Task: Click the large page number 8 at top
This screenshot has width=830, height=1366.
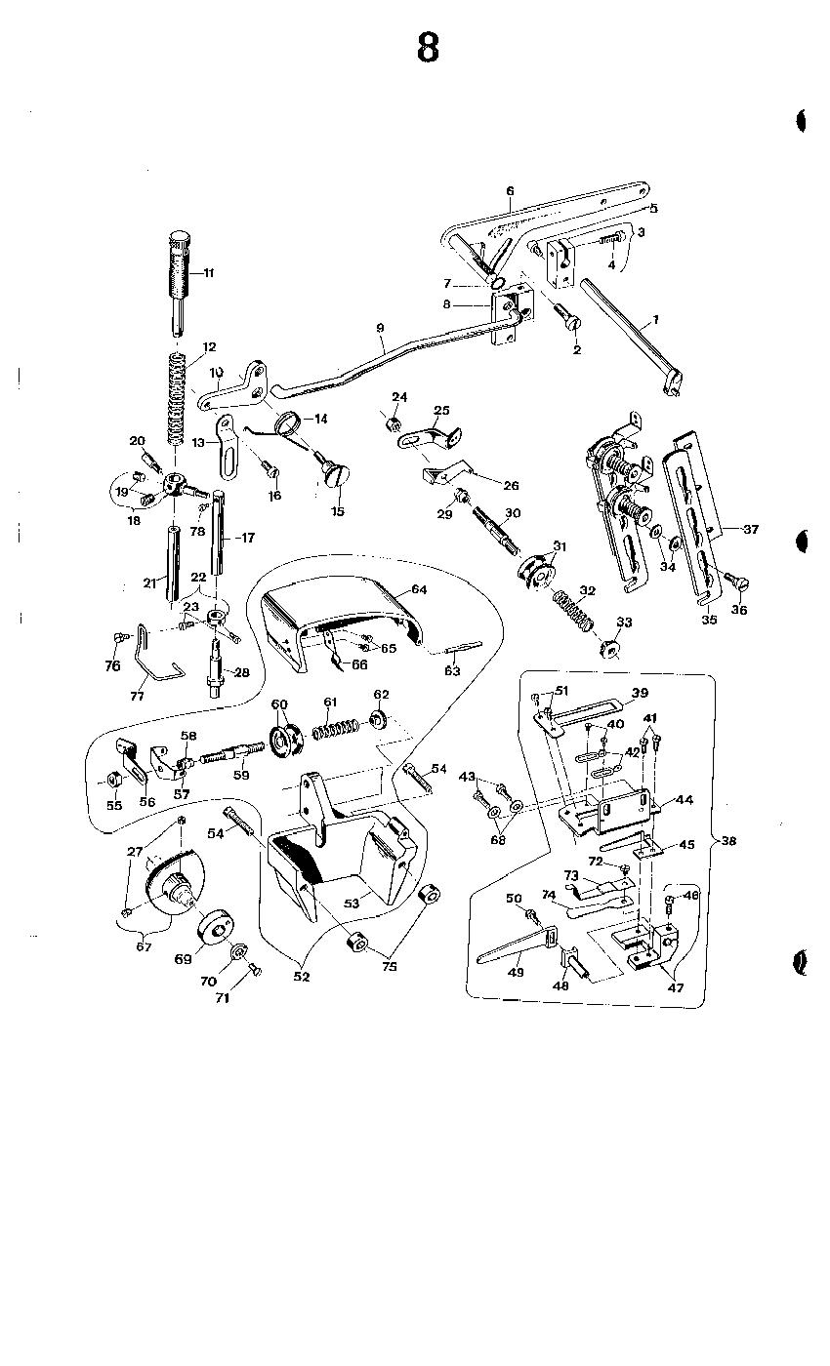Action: pos(428,48)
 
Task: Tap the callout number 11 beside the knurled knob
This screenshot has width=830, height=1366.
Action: pos(209,273)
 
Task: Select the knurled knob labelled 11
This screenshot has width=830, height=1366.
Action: pos(181,281)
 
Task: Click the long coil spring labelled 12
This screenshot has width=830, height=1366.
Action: pos(177,399)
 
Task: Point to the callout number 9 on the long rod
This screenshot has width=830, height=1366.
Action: pos(380,328)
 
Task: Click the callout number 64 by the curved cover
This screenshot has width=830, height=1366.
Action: pos(419,589)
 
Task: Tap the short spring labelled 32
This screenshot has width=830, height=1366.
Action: pos(574,610)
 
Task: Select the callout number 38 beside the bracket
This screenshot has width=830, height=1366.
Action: pos(728,840)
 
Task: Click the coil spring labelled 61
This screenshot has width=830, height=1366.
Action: pos(335,729)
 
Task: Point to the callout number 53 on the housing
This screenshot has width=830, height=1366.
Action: pos(352,903)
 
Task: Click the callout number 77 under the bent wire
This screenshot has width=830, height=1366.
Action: pos(138,696)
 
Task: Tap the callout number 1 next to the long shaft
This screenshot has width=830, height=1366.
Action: pos(656,319)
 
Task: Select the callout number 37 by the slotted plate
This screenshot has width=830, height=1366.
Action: pos(751,529)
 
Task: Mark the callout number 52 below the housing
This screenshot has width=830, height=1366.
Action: pos(302,977)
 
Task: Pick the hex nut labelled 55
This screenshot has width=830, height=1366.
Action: pos(113,779)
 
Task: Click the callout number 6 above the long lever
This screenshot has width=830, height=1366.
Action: pos(510,191)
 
